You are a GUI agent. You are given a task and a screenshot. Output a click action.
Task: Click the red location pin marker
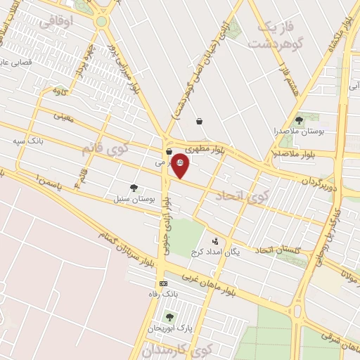point(181,165)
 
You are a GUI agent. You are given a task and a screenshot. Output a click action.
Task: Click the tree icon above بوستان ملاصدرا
point(299,121)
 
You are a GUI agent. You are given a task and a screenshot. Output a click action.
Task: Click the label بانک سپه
point(27,141)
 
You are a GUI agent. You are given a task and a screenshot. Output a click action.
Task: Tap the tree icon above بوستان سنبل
point(134,188)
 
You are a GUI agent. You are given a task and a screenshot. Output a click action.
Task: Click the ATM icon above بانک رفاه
point(163,283)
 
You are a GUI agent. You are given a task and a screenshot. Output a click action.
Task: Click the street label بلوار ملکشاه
point(337,35)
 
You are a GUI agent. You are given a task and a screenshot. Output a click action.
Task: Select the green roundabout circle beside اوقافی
point(102,21)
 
